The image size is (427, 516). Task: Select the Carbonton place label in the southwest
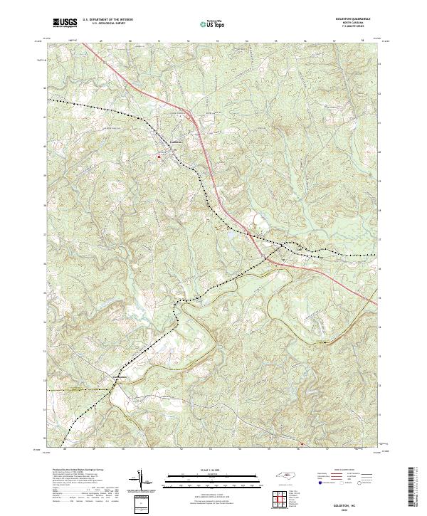120,377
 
